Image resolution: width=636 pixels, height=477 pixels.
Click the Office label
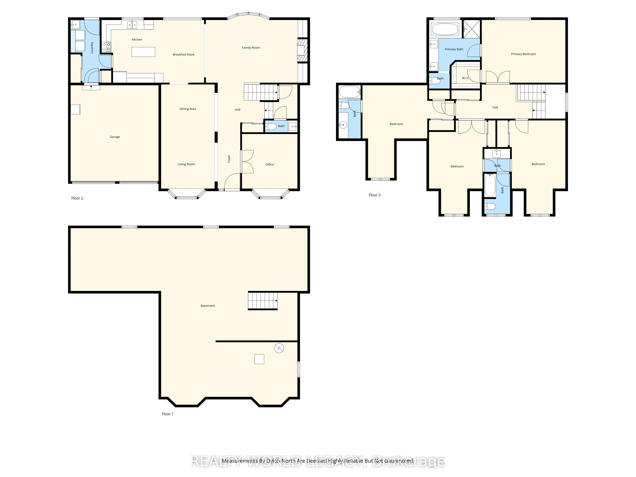point(269,164)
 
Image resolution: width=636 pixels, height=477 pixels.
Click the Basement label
point(208,306)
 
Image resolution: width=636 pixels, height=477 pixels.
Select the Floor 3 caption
point(374,195)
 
